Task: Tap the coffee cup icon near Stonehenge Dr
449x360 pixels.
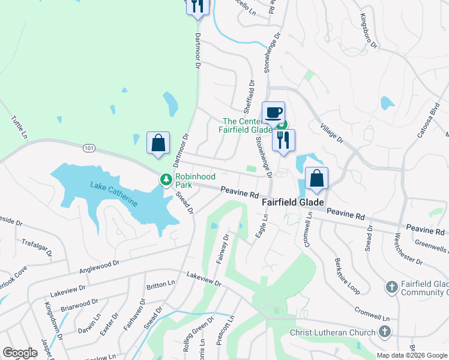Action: (x=273, y=112)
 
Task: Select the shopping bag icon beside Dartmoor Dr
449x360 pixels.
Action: (x=158, y=143)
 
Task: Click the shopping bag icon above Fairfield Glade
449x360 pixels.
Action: (x=316, y=178)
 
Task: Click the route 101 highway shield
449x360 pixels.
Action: (x=89, y=148)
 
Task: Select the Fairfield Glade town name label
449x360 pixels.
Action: (x=293, y=203)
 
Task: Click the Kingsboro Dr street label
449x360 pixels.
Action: (x=367, y=31)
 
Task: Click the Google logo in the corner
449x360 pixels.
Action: (x=20, y=353)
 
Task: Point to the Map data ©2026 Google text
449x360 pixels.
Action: (x=411, y=355)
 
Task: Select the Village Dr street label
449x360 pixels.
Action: (x=331, y=133)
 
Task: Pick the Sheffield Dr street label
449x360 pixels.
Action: (x=247, y=98)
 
